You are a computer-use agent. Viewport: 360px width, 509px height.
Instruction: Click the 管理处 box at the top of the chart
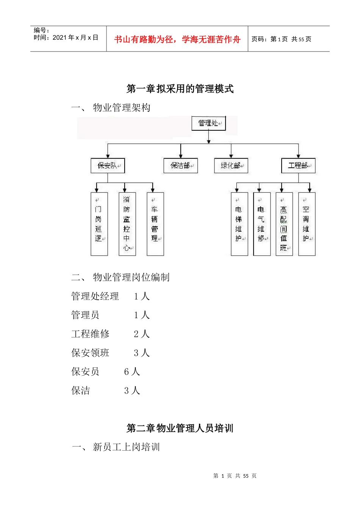tap(208, 123)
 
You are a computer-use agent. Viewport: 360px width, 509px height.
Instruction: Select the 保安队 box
tap(108, 166)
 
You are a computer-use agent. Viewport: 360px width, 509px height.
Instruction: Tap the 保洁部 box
tap(181, 166)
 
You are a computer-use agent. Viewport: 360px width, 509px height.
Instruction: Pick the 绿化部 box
tap(231, 166)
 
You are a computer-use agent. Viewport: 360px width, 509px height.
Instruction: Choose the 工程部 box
tap(298, 166)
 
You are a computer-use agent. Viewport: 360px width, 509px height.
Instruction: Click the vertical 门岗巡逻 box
tap(99, 224)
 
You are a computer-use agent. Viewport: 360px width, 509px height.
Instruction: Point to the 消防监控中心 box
tap(127, 224)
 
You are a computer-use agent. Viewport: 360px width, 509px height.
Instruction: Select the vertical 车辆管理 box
tap(155, 224)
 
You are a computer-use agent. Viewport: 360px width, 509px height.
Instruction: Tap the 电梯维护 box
tap(239, 224)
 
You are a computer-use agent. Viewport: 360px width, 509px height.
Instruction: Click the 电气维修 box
tap(262, 224)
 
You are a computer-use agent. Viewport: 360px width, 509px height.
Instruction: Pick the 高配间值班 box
tap(284, 224)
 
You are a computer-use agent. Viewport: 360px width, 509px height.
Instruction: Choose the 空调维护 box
tap(307, 224)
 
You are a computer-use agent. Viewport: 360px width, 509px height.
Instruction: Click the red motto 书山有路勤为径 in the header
tap(177, 39)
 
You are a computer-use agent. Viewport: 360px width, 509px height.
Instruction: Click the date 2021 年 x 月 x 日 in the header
tap(75, 37)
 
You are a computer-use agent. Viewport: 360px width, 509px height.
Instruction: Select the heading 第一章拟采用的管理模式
tap(180, 89)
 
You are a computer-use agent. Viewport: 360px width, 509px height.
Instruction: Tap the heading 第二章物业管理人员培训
tap(180, 428)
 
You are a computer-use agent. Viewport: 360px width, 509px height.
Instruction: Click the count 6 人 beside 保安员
tap(132, 372)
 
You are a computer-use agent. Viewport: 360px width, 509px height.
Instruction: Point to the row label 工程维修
tap(90, 334)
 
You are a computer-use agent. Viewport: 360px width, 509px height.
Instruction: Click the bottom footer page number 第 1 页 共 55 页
tap(235, 476)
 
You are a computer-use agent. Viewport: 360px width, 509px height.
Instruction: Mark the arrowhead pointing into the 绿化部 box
tap(231, 156)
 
